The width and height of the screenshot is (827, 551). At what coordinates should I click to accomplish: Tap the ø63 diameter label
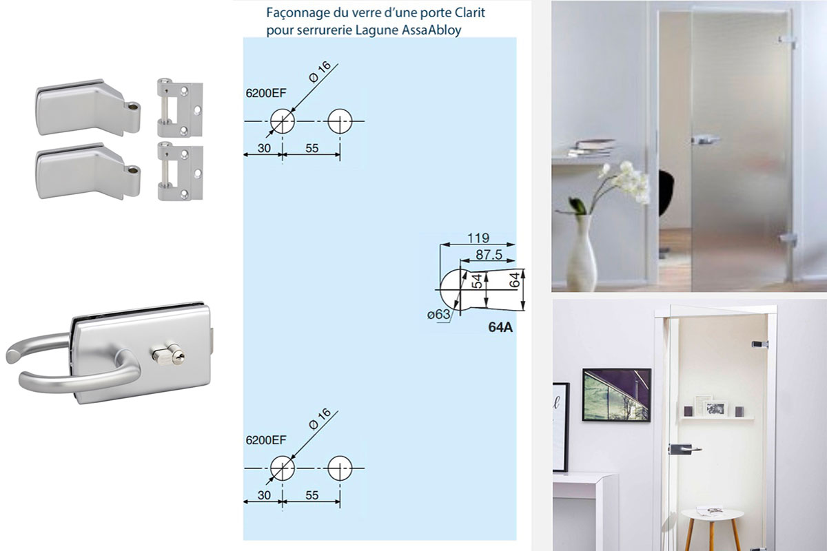point(438,315)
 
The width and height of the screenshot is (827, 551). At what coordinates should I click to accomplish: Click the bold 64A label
point(500,328)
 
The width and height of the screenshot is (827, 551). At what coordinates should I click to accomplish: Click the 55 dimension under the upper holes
point(312,147)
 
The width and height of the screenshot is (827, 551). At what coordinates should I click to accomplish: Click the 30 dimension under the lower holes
point(263,495)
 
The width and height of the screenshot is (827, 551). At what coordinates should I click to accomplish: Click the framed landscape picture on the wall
point(616,395)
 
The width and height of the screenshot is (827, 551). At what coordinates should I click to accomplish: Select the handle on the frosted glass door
point(704,140)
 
